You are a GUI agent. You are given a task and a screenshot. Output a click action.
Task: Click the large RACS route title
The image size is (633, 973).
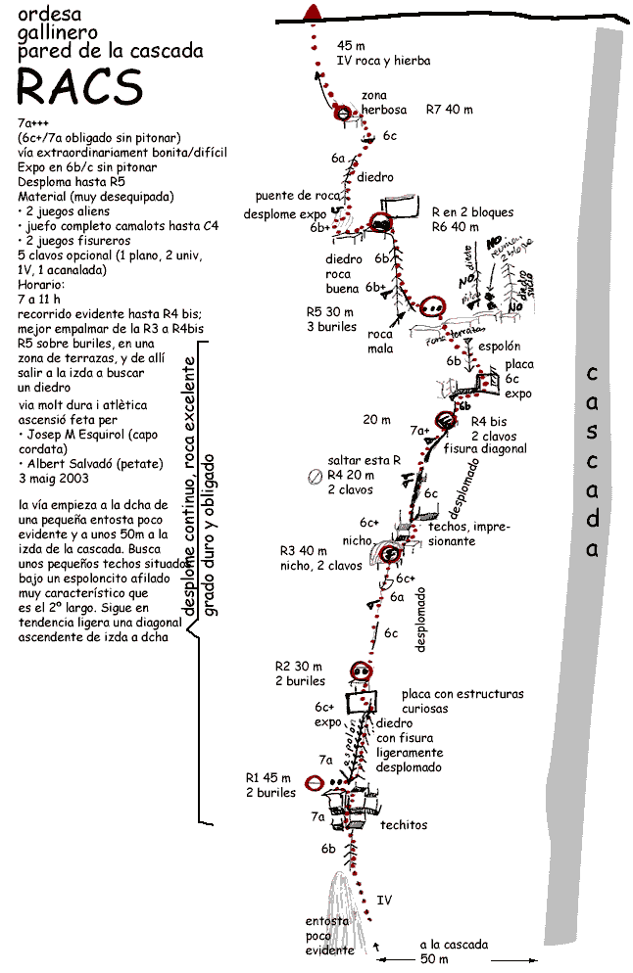[80, 87]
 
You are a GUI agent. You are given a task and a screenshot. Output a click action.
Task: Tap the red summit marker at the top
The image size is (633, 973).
[314, 12]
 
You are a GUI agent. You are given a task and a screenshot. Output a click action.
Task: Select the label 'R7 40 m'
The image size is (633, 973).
[450, 110]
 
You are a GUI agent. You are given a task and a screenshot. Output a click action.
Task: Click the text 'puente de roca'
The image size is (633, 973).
[297, 196]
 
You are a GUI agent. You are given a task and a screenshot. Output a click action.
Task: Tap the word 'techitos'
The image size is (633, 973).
[404, 825]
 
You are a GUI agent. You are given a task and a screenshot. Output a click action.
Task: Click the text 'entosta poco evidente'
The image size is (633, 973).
[329, 936]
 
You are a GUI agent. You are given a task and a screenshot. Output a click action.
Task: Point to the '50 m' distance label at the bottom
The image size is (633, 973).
[433, 959]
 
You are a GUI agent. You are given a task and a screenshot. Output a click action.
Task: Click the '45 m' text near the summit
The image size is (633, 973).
[351, 46]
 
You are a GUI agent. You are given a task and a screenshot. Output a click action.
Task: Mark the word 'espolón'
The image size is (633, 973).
[498, 347]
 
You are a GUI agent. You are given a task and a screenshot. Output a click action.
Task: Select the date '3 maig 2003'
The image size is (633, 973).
[54, 479]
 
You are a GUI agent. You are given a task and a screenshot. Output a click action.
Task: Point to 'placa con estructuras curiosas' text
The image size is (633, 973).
[463, 701]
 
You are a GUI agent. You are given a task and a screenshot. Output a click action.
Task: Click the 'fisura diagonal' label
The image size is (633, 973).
[485, 449]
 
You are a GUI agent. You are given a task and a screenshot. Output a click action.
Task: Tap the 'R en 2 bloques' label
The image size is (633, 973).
[472, 212]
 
